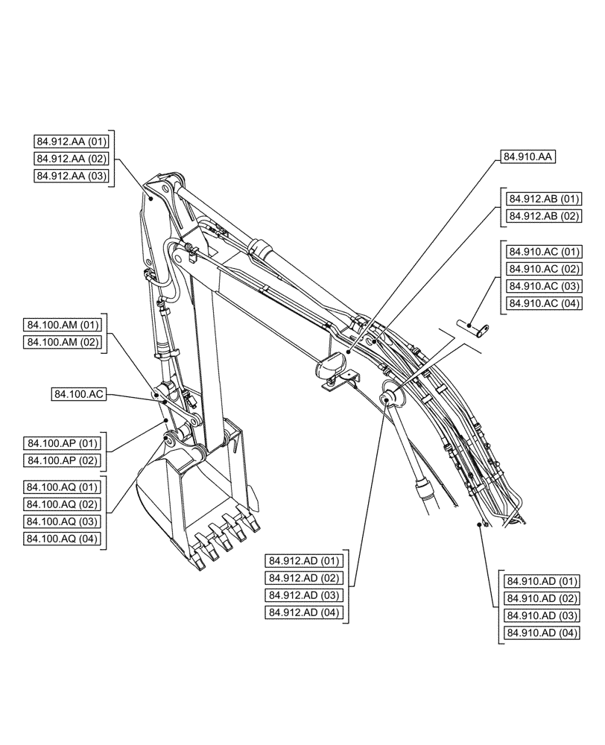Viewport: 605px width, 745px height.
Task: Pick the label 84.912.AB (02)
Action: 543,217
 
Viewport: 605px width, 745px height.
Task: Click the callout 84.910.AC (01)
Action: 543,252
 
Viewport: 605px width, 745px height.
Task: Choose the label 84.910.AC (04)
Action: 543,304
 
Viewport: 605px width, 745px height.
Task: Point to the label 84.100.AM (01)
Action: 63,325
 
